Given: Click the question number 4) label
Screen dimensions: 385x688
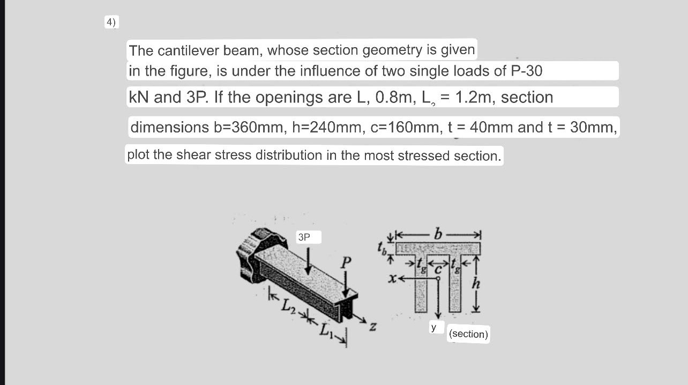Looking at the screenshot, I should pyautogui.click(x=111, y=23).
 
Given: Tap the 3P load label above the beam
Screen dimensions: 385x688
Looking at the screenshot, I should pyautogui.click(x=304, y=236).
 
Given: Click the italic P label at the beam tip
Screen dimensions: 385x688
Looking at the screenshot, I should pyautogui.click(x=347, y=263).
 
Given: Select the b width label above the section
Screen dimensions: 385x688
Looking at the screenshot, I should pyautogui.click(x=438, y=234).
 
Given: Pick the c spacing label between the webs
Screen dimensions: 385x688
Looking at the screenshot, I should pyautogui.click(x=437, y=269).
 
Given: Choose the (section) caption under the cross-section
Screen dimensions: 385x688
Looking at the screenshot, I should pyautogui.click(x=469, y=334).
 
